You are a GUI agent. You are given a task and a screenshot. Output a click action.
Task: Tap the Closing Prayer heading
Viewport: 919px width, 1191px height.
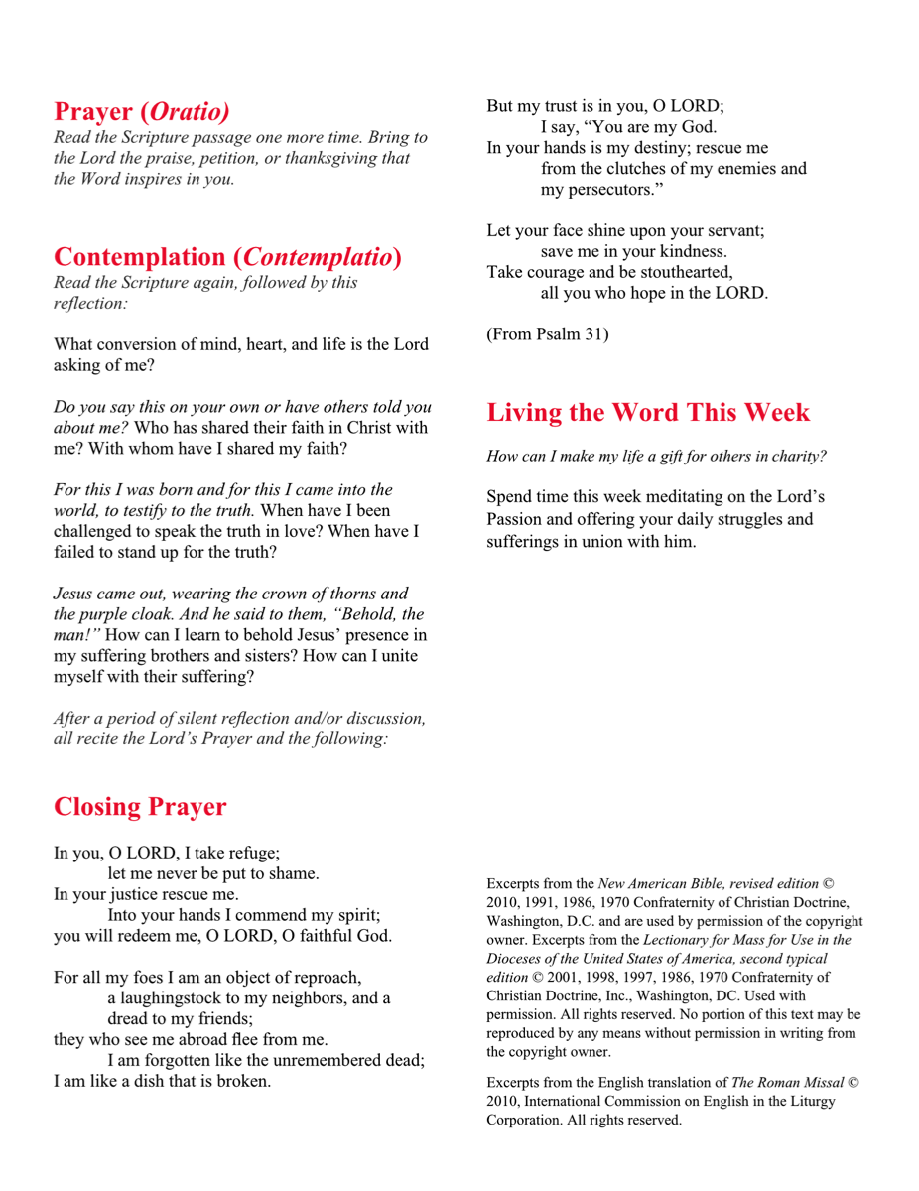pyautogui.click(x=139, y=806)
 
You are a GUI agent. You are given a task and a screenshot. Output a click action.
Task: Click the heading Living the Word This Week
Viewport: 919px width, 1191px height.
pyautogui.click(x=648, y=412)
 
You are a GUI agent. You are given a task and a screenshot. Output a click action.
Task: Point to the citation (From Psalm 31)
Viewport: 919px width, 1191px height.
pyautogui.click(x=547, y=334)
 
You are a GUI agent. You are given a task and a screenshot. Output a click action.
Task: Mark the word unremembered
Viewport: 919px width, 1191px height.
pyautogui.click(x=329, y=1060)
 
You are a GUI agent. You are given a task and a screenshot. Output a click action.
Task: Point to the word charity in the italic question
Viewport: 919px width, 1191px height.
pyautogui.click(x=801, y=457)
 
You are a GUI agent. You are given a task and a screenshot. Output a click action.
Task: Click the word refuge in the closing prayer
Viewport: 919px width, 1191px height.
pyautogui.click(x=250, y=853)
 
